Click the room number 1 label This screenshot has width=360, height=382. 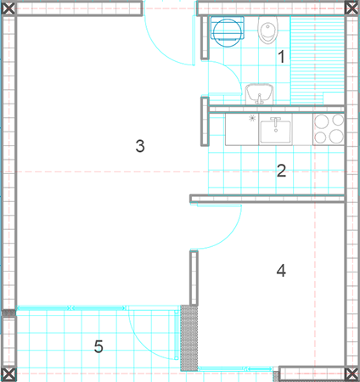point(281,57)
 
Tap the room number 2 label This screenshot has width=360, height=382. point(281,171)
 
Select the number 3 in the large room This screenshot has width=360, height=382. point(140,146)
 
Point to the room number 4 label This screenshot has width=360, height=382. point(281,270)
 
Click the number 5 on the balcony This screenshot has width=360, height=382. point(98,346)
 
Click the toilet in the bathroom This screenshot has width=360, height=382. point(267,30)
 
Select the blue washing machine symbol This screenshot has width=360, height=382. point(228,31)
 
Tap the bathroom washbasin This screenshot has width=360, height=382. point(259,94)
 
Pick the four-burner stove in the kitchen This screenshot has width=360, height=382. point(329,130)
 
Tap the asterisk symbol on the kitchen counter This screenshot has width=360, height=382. point(252,118)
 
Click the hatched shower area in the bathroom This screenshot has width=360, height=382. point(318,60)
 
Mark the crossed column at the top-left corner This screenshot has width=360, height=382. point(8,8)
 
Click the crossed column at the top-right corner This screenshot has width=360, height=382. point(352,8)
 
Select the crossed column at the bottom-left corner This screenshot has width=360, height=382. point(8,374)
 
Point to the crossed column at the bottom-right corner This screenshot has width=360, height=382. point(352,374)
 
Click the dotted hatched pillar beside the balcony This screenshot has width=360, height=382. point(189,338)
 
